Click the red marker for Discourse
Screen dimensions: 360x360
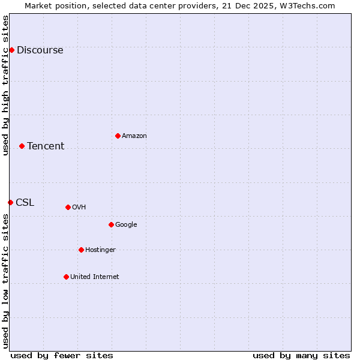tap(11, 50)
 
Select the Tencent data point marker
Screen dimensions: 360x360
tap(22, 146)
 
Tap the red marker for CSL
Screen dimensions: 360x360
tap(10, 202)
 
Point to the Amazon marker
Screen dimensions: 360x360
tap(118, 136)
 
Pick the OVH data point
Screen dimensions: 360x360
tap(68, 207)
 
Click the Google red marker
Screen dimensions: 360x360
tap(111, 224)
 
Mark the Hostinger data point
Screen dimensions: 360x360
tap(81, 250)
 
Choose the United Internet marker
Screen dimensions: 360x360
tap(66, 277)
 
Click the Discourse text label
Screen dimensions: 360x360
tap(40, 50)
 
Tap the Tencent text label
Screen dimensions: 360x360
tap(46, 146)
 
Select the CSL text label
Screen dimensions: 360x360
tap(25, 203)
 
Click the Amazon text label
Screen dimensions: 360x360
tap(134, 136)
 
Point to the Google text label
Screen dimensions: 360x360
tap(126, 225)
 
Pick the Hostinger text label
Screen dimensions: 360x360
tap(100, 250)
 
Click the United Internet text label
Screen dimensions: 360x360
tap(94, 277)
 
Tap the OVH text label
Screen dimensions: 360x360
tap(79, 208)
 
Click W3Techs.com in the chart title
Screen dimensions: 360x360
tap(306, 5)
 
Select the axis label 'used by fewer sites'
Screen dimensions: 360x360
tap(62, 355)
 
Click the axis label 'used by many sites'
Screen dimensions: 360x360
tap(301, 355)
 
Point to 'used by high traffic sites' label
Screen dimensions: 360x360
tap(5, 85)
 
